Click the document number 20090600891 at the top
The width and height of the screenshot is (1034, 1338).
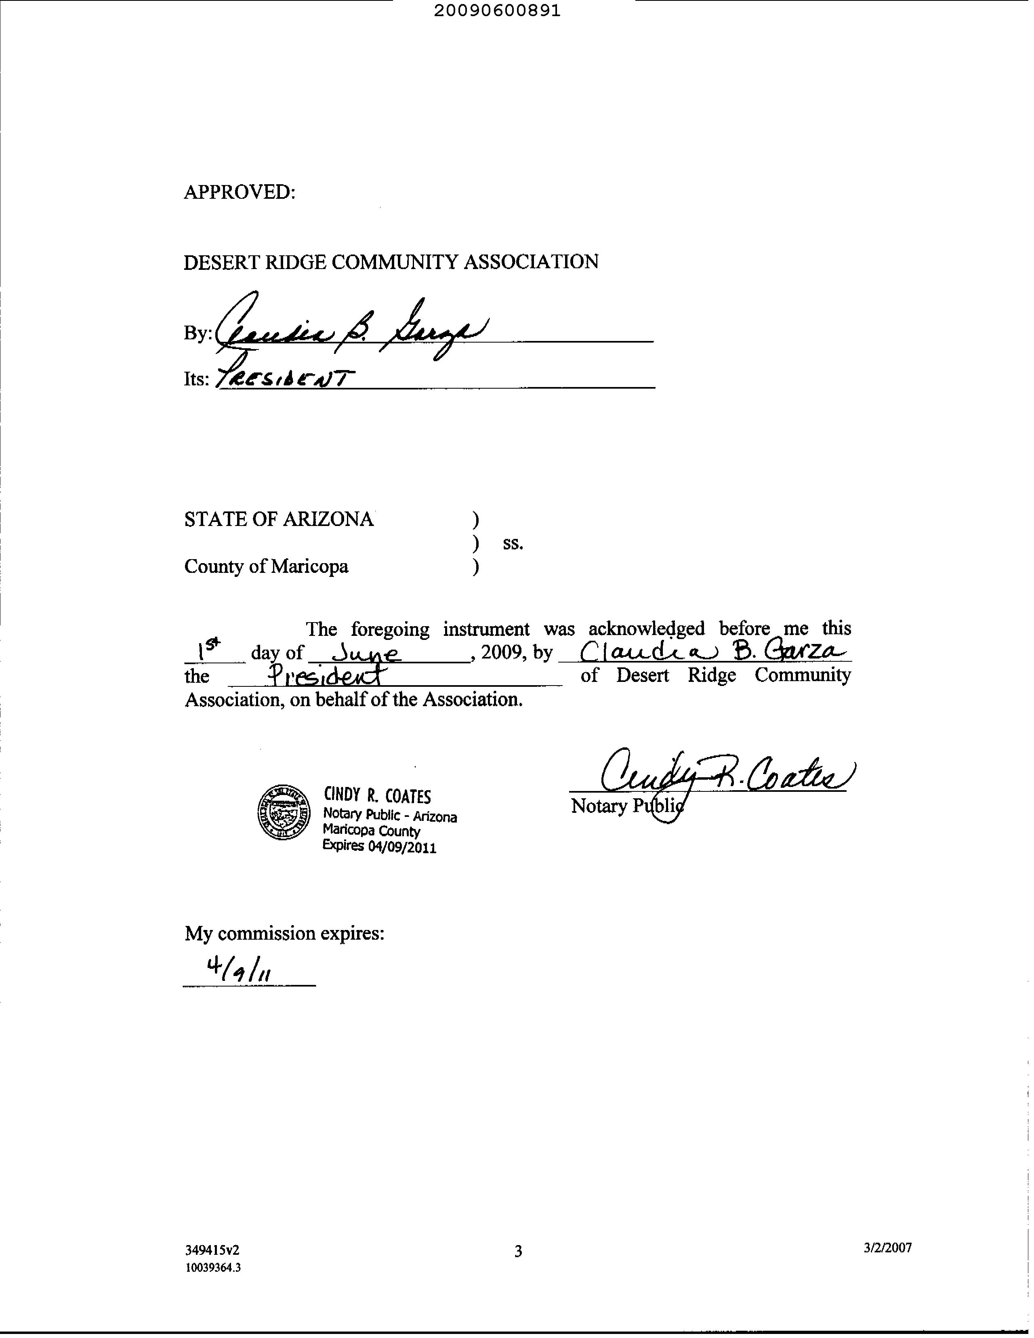pyautogui.click(x=497, y=11)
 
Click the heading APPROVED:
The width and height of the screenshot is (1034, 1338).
pyautogui.click(x=240, y=192)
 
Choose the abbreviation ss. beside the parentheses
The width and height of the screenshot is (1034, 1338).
pyautogui.click(x=513, y=543)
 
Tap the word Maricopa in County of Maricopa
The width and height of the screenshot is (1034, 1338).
pyautogui.click(x=309, y=567)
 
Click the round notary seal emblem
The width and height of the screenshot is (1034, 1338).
pyautogui.click(x=284, y=812)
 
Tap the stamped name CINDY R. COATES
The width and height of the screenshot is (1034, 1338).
pyautogui.click(x=377, y=796)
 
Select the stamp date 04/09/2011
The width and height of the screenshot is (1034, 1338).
pyautogui.click(x=402, y=847)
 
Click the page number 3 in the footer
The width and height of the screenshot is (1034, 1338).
pyautogui.click(x=518, y=1251)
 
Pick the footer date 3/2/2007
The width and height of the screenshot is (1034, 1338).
pyautogui.click(x=888, y=1248)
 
